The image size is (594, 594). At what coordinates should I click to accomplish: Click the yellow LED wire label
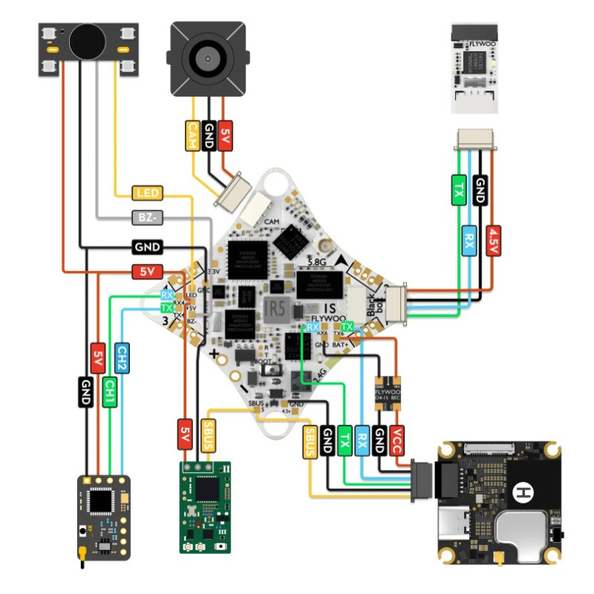click(147, 194)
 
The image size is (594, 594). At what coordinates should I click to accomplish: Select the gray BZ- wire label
click(147, 218)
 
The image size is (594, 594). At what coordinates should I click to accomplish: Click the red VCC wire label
click(397, 440)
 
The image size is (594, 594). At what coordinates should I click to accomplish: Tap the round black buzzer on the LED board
click(88, 42)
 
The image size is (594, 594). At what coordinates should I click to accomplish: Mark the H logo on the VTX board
click(524, 491)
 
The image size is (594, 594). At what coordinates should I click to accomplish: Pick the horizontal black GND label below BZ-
click(147, 247)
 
